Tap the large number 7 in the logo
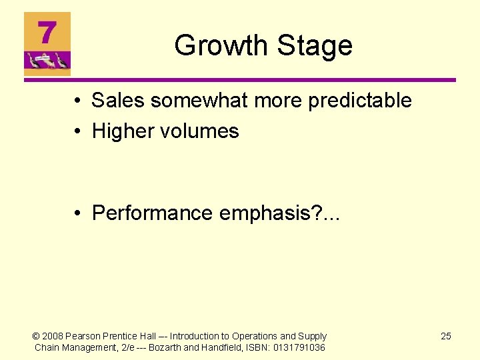(47, 33)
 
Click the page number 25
(446, 336)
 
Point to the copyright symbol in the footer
(37, 336)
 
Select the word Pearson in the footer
(83, 336)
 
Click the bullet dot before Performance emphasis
(79, 213)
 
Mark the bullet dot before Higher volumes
(79, 132)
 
